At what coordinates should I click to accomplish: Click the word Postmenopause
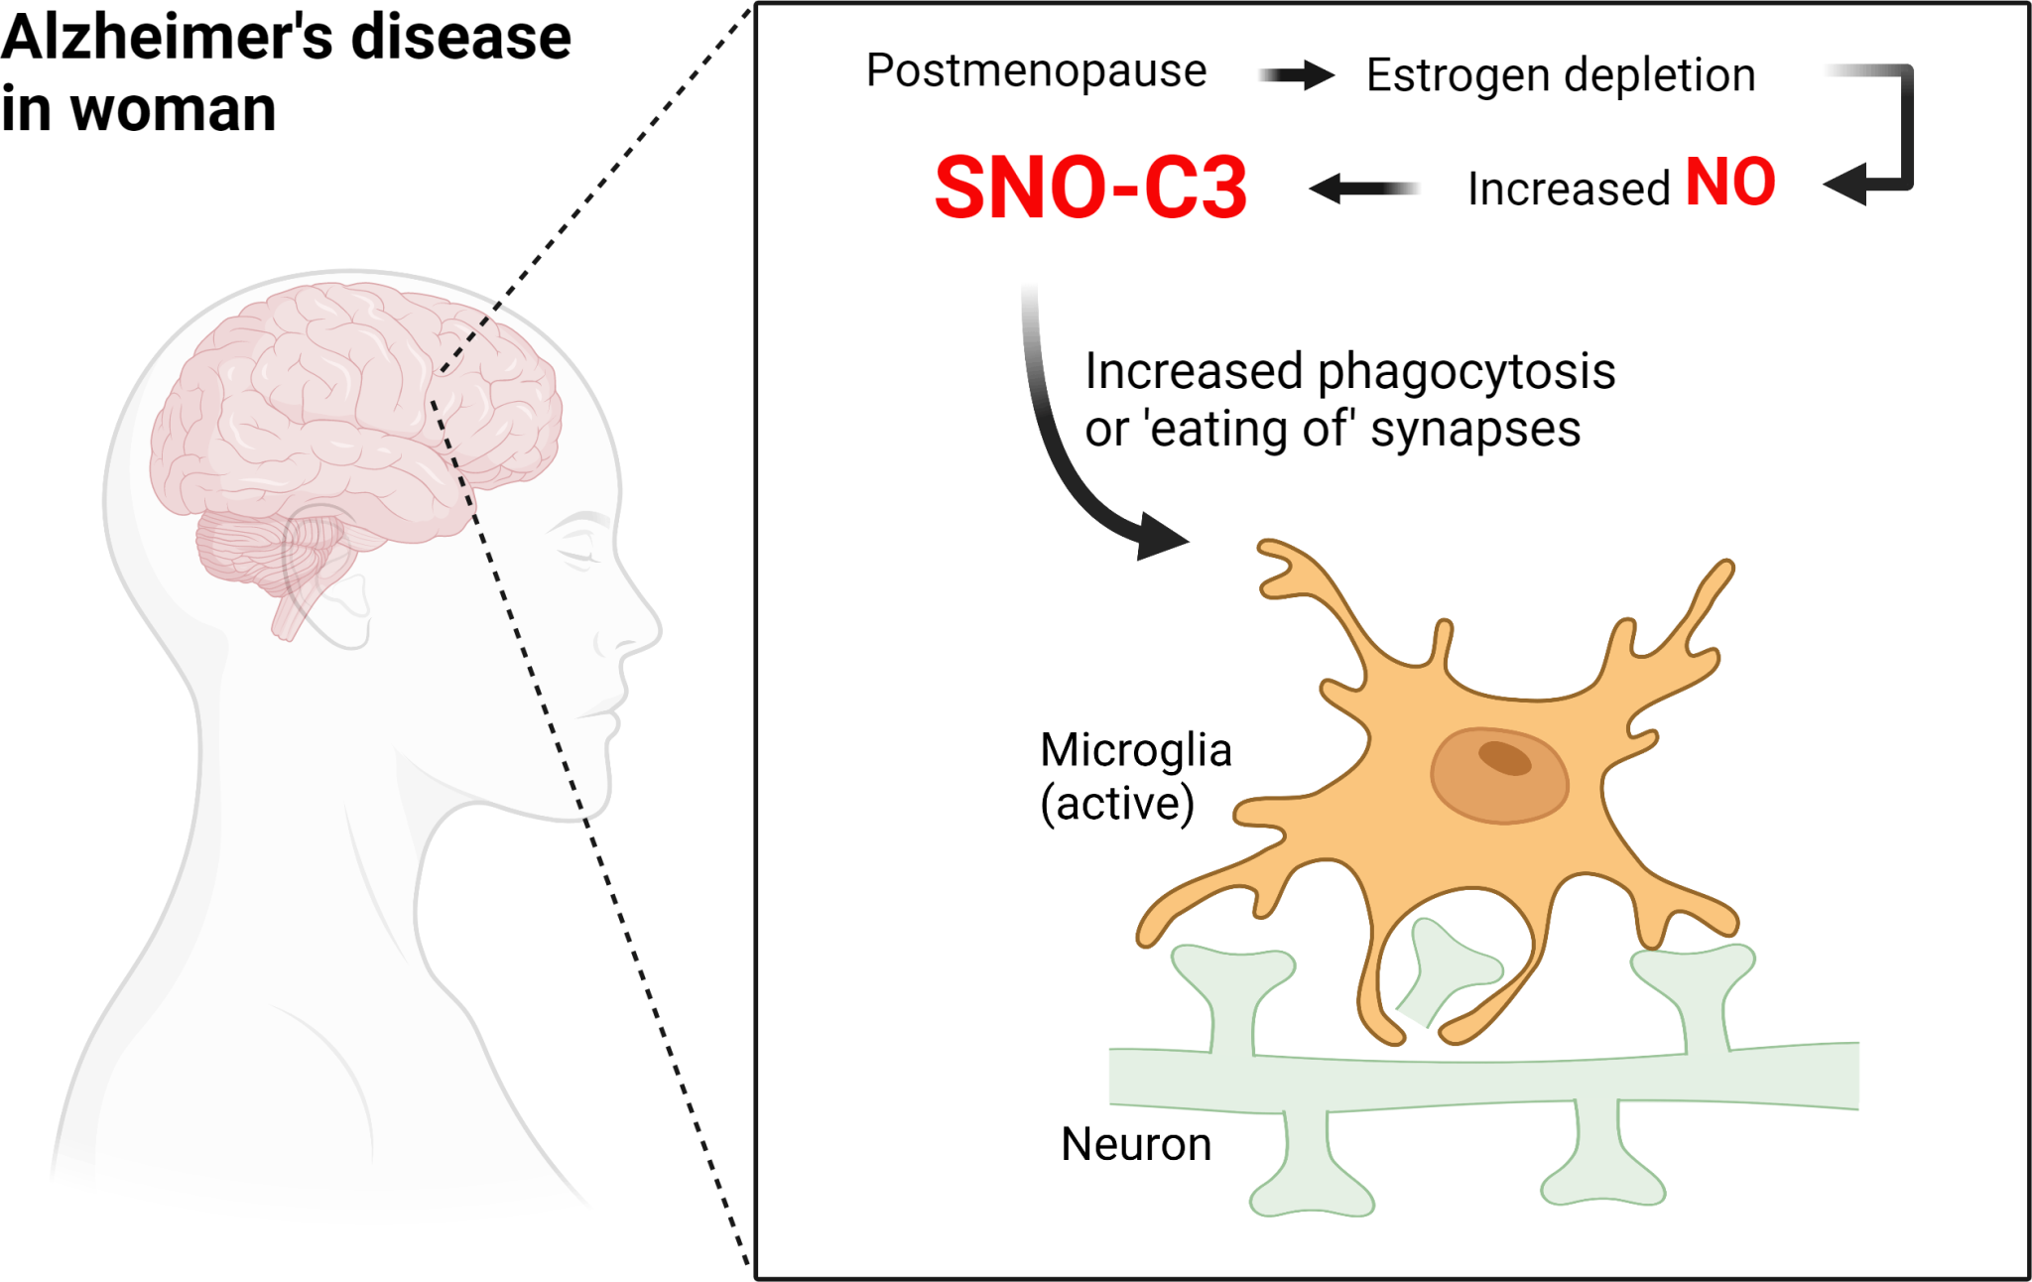1036,71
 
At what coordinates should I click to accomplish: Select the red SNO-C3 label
1090,188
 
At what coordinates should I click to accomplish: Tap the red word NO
1730,183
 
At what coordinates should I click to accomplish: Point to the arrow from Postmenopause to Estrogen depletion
1296,74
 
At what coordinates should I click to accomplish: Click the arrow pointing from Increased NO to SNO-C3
1364,188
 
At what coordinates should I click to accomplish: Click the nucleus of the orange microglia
1499,775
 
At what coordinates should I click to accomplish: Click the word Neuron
1136,1144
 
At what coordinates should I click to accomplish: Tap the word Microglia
1136,750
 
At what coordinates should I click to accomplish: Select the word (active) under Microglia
1117,804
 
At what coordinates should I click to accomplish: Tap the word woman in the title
174,109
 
